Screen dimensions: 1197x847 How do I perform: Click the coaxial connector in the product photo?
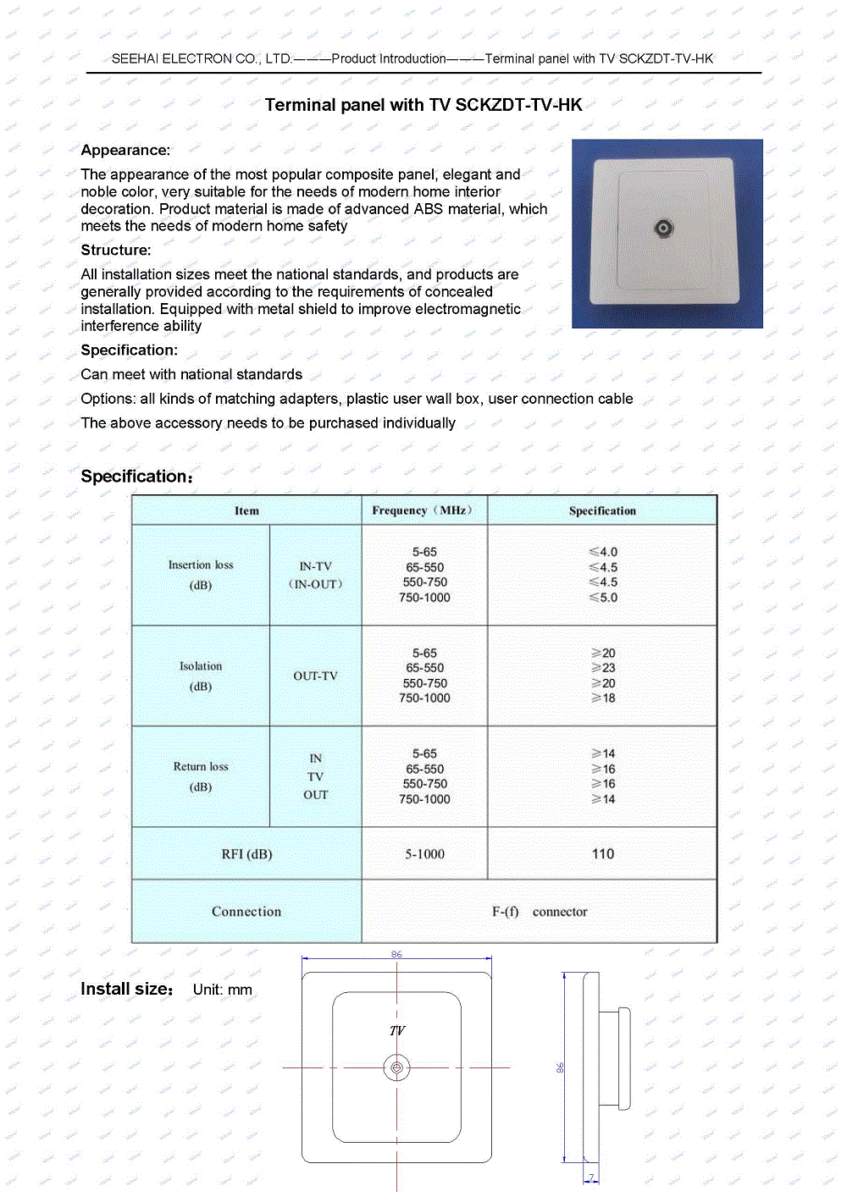664,228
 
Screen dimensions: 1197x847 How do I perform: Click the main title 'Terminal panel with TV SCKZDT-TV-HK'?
423,105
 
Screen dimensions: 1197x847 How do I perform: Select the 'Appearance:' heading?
125,150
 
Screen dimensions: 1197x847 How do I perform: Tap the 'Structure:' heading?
116,250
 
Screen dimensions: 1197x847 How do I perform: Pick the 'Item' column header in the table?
246,510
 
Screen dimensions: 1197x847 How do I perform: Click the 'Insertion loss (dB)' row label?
201,575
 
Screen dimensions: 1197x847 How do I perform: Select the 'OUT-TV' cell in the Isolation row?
315,676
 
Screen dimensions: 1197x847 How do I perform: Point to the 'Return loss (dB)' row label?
201,776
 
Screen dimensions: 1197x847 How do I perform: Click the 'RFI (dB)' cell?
246,854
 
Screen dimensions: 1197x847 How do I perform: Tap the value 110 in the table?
602,853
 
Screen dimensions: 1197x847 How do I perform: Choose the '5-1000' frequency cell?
424,854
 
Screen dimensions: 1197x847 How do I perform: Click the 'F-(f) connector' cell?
540,912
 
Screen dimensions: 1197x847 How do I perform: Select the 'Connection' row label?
246,912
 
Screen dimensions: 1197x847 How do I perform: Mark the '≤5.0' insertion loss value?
603,598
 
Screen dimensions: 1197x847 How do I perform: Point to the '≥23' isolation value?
603,668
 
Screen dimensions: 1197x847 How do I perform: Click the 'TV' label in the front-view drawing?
396,1030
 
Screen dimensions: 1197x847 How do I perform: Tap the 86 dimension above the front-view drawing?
396,954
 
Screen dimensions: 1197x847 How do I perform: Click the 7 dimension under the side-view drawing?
591,1177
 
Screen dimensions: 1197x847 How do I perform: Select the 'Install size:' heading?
127,989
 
